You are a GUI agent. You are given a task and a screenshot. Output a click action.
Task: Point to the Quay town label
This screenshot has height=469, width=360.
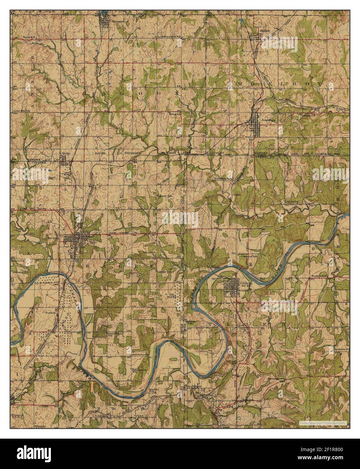(66, 153)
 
